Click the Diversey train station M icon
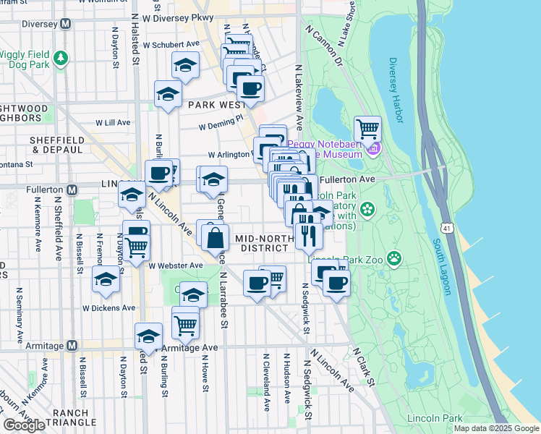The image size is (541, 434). click(65, 22)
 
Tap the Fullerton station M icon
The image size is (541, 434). click(72, 190)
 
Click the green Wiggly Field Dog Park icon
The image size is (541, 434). click(63, 58)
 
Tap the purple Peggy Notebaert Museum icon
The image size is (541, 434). click(373, 150)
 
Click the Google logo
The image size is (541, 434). click(24, 425)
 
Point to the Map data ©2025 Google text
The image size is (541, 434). click(495, 428)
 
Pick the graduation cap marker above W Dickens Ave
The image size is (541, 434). click(106, 281)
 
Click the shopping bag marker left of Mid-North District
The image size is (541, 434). click(215, 237)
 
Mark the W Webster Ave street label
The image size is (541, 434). click(176, 265)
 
